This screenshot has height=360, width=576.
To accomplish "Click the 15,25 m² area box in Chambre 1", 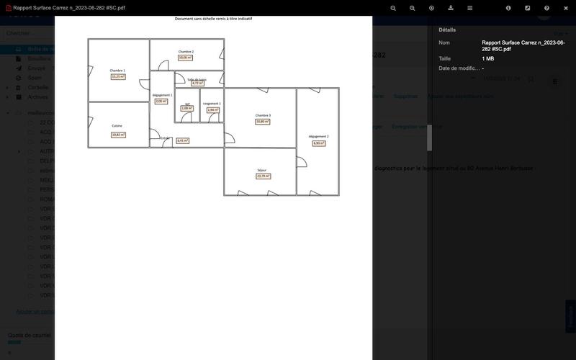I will pyautogui.click(x=117, y=76).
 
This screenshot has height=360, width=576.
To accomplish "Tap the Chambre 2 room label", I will pyautogui.click(x=186, y=52).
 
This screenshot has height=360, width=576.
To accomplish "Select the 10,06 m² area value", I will pyautogui.click(x=186, y=58).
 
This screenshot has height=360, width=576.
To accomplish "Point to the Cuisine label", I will pyautogui.click(x=117, y=126).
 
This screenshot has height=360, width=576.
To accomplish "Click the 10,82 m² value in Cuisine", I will pyautogui.click(x=118, y=135).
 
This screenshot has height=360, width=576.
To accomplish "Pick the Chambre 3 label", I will pyautogui.click(x=263, y=115).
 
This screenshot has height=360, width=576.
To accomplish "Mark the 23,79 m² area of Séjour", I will pyautogui.click(x=263, y=176).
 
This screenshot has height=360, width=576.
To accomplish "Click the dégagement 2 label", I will pyautogui.click(x=318, y=136).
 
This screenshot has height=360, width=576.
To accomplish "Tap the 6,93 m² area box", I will pyautogui.click(x=318, y=143).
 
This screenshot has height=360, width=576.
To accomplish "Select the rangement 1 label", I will pyautogui.click(x=212, y=104).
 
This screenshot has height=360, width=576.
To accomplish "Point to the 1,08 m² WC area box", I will pyautogui.click(x=187, y=109).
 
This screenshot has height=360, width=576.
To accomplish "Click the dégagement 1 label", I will pyautogui.click(x=162, y=95).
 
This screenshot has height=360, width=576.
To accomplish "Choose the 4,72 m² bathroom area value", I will pyautogui.click(x=197, y=84).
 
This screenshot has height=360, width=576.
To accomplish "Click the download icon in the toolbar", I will pyautogui.click(x=451, y=8).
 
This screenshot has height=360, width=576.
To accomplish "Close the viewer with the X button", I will pyautogui.click(x=566, y=8).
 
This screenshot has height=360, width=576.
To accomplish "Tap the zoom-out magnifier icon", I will pyautogui.click(x=413, y=8).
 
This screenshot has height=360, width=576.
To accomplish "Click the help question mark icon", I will pyautogui.click(x=546, y=8).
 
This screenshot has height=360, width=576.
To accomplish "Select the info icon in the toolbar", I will pyautogui.click(x=508, y=8).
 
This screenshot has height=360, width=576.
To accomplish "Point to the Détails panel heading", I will pyautogui.click(x=447, y=30).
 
